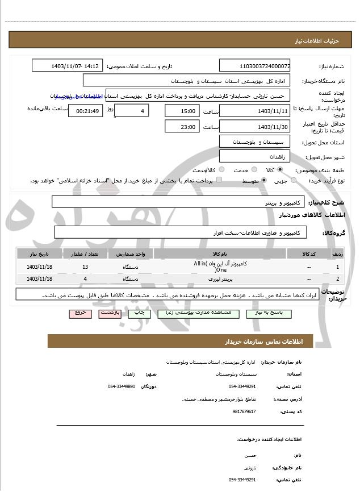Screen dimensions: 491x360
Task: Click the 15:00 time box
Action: pyautogui.click(x=182, y=111)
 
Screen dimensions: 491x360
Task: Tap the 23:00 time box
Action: pyautogui.click(x=182, y=127)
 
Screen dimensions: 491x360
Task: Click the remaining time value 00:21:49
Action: pyautogui.click(x=85, y=111)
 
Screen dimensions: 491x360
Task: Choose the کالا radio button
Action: pyautogui.click(x=279, y=169)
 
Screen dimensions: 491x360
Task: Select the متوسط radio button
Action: pyautogui.click(x=265, y=180)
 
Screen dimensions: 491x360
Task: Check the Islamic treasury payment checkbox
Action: pyautogui.click(x=219, y=180)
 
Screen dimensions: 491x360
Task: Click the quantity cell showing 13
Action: pyautogui.click(x=85, y=266)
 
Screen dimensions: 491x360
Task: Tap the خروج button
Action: pyautogui.click(x=79, y=313)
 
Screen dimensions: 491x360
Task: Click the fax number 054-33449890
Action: pyautogui.click(x=121, y=386)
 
